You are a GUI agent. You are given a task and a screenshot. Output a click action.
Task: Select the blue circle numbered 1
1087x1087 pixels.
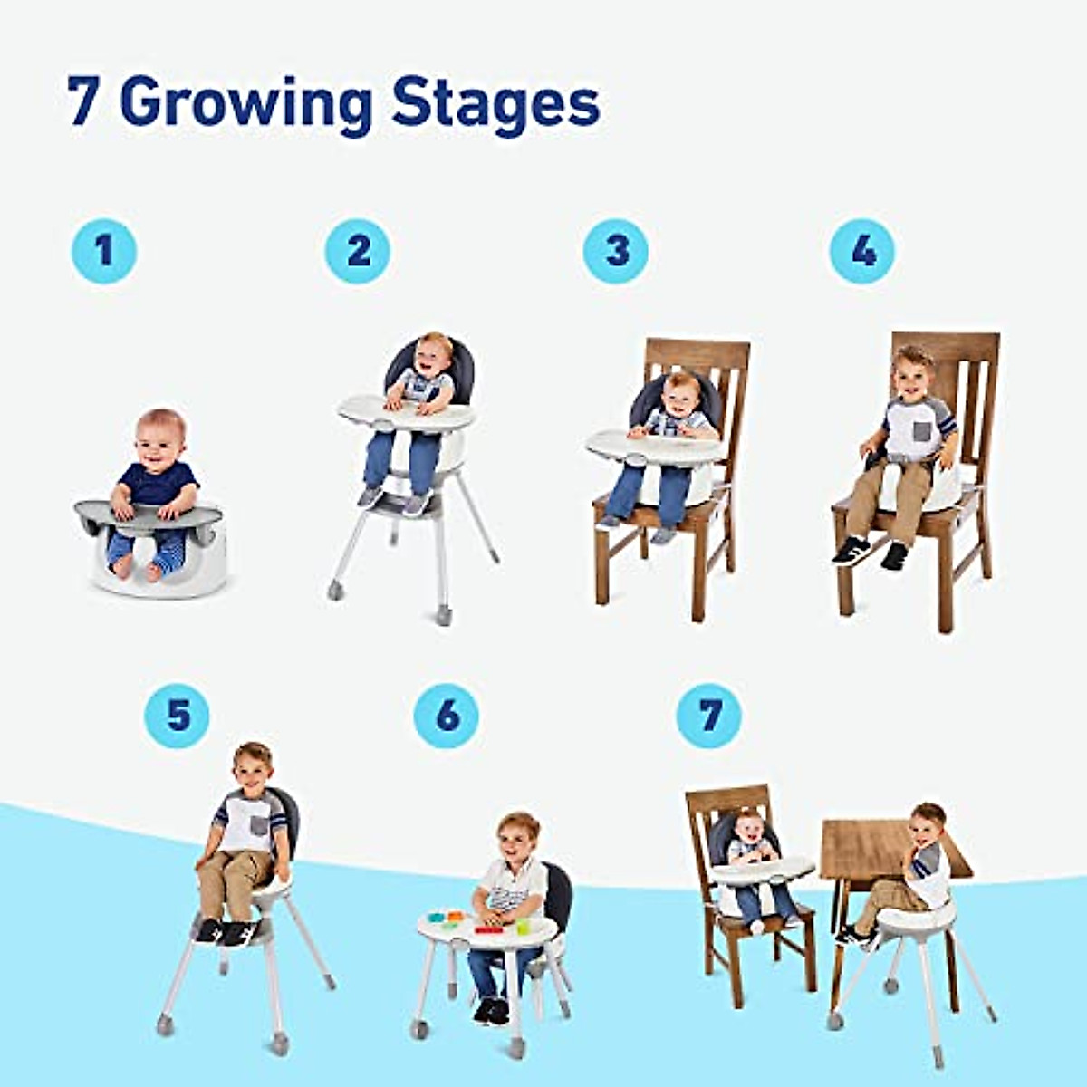pos(104,250)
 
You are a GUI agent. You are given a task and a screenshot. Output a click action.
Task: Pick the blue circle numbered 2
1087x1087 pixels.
pos(358,250)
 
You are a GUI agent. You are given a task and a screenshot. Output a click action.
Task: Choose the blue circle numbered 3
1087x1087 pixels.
pos(616,250)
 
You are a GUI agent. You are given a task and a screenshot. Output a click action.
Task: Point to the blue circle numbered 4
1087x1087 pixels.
pos(862,250)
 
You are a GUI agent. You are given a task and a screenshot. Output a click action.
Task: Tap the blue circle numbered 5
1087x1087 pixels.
pos(177,716)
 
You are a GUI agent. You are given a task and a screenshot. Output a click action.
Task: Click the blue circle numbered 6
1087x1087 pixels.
pos(447,716)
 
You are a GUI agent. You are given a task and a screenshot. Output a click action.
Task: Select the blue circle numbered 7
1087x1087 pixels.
pos(709,716)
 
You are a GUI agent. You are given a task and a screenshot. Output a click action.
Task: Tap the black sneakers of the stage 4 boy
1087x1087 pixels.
pos(870,550)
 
